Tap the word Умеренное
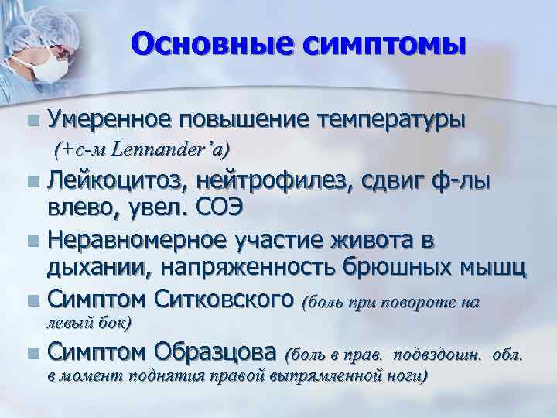[108, 120]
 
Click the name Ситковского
[224, 298]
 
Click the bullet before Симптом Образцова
[30, 355]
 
